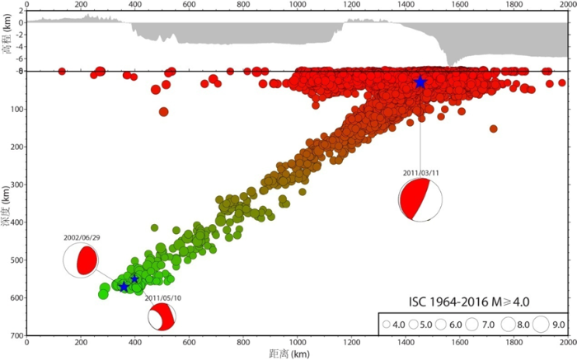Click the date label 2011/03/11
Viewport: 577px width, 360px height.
click(x=420, y=174)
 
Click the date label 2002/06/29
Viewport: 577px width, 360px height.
click(x=81, y=237)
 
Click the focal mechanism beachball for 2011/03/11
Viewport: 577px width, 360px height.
click(x=420, y=200)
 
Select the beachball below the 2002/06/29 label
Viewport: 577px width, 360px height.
click(x=81, y=261)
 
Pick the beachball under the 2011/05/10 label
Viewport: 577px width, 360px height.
click(x=162, y=316)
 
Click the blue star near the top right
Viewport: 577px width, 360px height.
click(x=420, y=82)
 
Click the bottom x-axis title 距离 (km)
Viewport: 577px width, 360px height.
click(x=299, y=353)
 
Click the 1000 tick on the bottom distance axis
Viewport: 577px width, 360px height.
click(x=297, y=343)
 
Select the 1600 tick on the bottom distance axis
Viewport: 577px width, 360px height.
click(x=459, y=343)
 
